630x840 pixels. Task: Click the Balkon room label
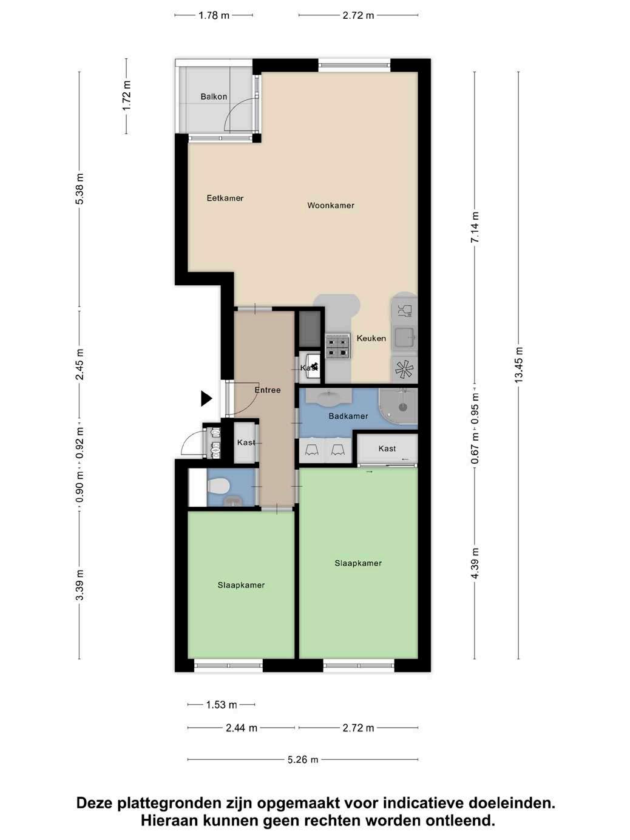tap(214, 97)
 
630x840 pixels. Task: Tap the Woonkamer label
tap(331, 206)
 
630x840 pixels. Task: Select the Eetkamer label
tap(225, 198)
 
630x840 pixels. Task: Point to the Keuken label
tap(371, 338)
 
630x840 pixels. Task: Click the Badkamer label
tap(348, 416)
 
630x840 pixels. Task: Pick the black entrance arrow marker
tap(206, 399)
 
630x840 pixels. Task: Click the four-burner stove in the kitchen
tap(337, 345)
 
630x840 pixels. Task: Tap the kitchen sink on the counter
tap(405, 337)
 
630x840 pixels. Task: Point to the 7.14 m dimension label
tap(475, 228)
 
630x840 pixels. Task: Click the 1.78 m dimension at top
tap(214, 15)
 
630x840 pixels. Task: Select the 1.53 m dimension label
tap(222, 705)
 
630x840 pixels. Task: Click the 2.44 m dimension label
tap(242, 728)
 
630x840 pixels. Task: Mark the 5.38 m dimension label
tap(79, 189)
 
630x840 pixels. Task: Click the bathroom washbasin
tap(331, 397)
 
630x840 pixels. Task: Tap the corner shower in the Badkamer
tap(398, 406)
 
